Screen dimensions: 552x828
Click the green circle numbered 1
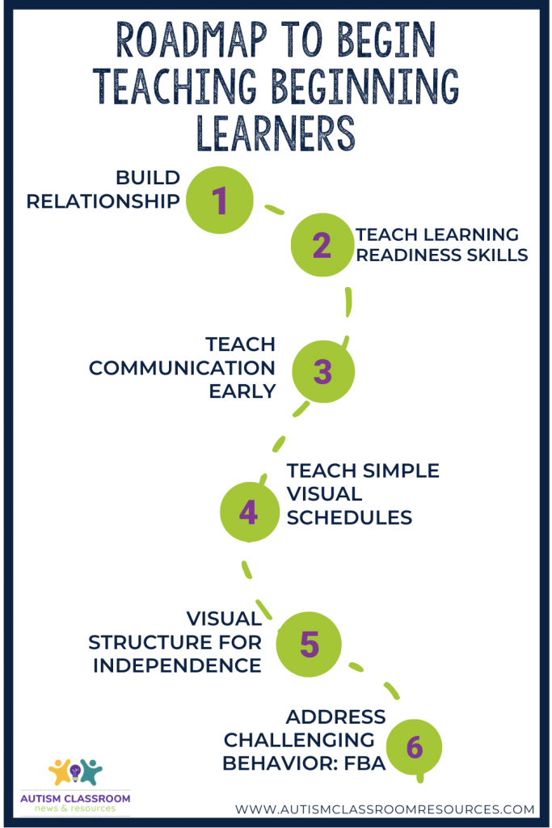[x=220, y=201]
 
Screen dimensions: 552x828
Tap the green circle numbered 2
[x=322, y=245]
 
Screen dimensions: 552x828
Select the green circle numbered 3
[x=323, y=371]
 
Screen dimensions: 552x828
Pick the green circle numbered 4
[x=249, y=512]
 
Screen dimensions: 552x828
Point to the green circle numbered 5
[x=309, y=644]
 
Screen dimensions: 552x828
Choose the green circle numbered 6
[x=415, y=746]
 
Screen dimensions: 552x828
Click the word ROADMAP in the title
[x=192, y=40]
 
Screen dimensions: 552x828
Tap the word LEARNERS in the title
[x=276, y=133]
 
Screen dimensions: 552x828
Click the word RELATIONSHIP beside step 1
[x=103, y=201]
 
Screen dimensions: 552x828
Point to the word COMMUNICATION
[x=182, y=368]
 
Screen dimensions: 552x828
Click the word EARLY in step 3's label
[x=242, y=391]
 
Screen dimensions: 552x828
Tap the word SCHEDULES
[x=349, y=517]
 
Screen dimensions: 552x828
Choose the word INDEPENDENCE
[x=177, y=665]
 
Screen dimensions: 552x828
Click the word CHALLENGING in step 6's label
[x=299, y=741]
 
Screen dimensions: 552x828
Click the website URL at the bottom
[x=385, y=809]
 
